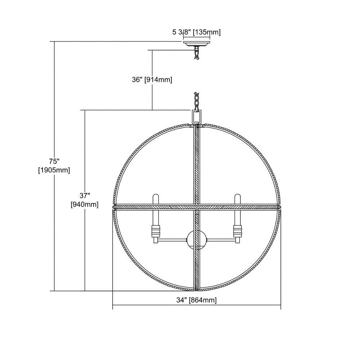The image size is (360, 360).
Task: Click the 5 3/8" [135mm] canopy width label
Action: pos(196,32)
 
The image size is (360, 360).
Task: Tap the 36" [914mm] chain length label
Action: pos(152,80)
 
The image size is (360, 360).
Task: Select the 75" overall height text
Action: pos(54,161)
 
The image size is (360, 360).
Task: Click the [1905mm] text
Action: pos(54,170)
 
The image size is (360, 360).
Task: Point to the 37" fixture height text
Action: pos(85,195)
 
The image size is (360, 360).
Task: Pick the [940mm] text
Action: pos(85,204)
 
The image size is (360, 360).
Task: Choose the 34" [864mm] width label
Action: pos(197,300)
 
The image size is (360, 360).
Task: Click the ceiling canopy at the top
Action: pos(197,44)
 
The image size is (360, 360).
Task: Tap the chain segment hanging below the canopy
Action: pos(197,53)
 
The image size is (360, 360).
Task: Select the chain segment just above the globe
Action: pos(197,101)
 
